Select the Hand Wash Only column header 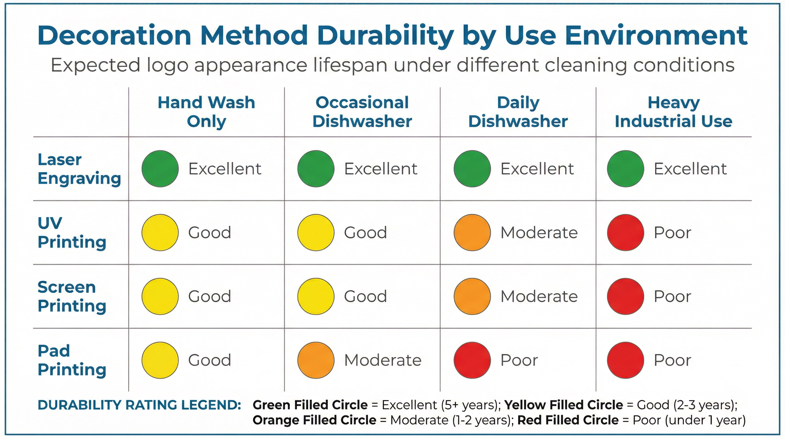(206, 112)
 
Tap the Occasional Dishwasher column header (362, 112)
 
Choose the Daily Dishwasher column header (518, 112)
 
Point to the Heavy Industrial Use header (673, 112)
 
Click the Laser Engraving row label (79, 169)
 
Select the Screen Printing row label (72, 296)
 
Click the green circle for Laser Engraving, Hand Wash (160, 169)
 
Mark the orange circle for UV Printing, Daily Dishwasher (472, 233)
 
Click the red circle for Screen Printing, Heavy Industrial (625, 296)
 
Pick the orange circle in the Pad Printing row (316, 360)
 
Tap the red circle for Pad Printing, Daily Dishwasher (472, 360)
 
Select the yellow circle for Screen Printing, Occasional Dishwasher (316, 296)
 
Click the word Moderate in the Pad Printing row (383, 360)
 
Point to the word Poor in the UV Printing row (672, 233)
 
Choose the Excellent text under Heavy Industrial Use (690, 169)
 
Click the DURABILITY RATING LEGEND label (139, 405)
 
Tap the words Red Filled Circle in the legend (568, 420)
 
